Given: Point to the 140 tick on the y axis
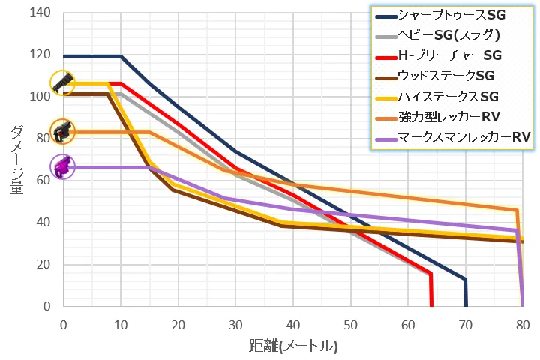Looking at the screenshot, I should pos(37,13).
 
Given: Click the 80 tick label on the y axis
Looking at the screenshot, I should pos(40,139).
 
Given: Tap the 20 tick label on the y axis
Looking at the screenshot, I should pos(40,265).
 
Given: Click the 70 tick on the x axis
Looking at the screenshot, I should pos(465,325).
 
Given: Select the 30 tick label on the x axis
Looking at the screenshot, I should pos(235,325).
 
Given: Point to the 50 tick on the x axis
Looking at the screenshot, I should pos(350,325).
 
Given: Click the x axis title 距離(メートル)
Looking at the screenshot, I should pos(292,346).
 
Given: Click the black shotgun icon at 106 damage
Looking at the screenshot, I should pos(62,82).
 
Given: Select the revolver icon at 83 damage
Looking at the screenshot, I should pos(62,131).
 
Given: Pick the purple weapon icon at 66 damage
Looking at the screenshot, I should pos(62,166).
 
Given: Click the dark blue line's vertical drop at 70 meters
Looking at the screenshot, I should pos(466,292).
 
